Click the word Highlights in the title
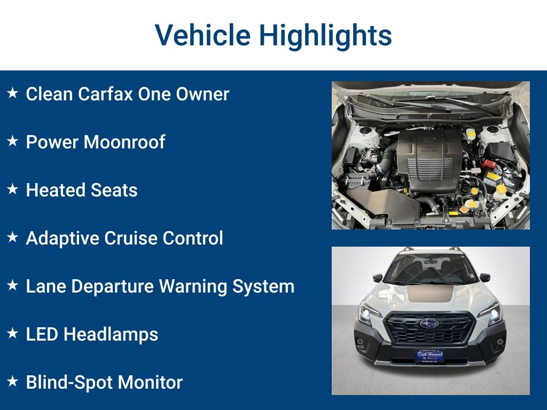point(326,35)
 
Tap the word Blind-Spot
point(69,382)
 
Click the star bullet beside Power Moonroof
point(12,141)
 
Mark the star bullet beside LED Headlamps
point(12,333)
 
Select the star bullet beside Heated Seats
point(12,189)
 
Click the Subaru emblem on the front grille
point(429,324)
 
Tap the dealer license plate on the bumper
point(429,356)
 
